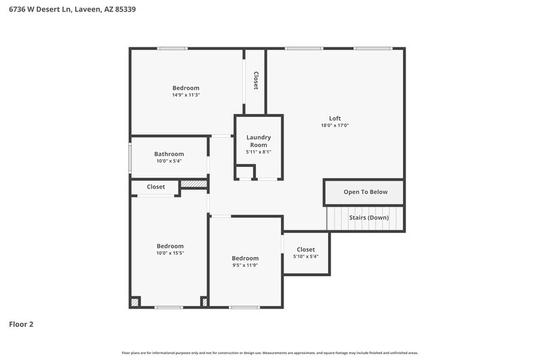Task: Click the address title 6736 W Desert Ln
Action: click(74, 10)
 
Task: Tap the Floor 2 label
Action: click(21, 324)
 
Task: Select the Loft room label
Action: click(335, 118)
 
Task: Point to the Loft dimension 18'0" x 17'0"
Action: click(335, 126)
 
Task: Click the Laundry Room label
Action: click(259, 141)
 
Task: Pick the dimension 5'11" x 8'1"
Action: click(259, 152)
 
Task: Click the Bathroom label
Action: click(169, 154)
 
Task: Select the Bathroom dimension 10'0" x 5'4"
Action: click(169, 161)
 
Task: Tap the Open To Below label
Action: click(365, 192)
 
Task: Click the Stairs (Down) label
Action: click(369, 217)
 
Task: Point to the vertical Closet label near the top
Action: click(256, 80)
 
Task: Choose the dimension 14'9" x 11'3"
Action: click(186, 95)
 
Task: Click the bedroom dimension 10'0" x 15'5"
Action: click(170, 253)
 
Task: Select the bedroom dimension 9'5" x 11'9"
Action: click(245, 265)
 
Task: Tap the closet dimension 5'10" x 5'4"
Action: click(306, 257)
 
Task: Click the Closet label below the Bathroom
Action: click(156, 187)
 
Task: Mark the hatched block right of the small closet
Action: click(194, 183)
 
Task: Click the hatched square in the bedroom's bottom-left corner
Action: click(135, 302)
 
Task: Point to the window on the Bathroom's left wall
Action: click(130, 157)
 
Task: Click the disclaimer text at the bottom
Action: click(269, 353)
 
